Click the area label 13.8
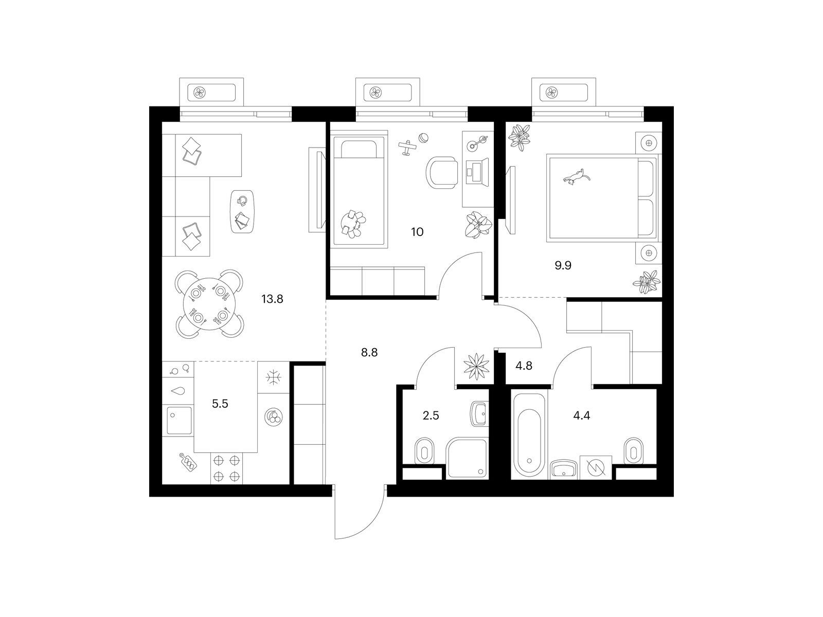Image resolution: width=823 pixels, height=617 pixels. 272,299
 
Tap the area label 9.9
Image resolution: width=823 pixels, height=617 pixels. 563,266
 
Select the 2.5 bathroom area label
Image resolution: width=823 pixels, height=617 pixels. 431,415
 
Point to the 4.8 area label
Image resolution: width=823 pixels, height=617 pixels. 524,366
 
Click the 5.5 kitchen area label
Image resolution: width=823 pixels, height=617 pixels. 220,404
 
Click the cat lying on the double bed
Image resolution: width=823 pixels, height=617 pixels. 577,176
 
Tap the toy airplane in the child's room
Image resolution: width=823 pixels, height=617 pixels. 407,148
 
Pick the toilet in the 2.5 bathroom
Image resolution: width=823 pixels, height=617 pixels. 424,451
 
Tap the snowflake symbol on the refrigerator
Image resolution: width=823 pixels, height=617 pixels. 274,377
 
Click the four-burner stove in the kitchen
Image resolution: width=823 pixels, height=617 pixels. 226,468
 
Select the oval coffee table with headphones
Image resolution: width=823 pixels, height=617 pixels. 242,211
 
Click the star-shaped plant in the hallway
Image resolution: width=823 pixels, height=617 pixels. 476,367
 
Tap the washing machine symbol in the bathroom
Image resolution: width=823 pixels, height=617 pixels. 596,467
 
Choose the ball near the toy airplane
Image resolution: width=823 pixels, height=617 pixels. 424,138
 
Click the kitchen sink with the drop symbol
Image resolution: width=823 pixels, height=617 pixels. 178,391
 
